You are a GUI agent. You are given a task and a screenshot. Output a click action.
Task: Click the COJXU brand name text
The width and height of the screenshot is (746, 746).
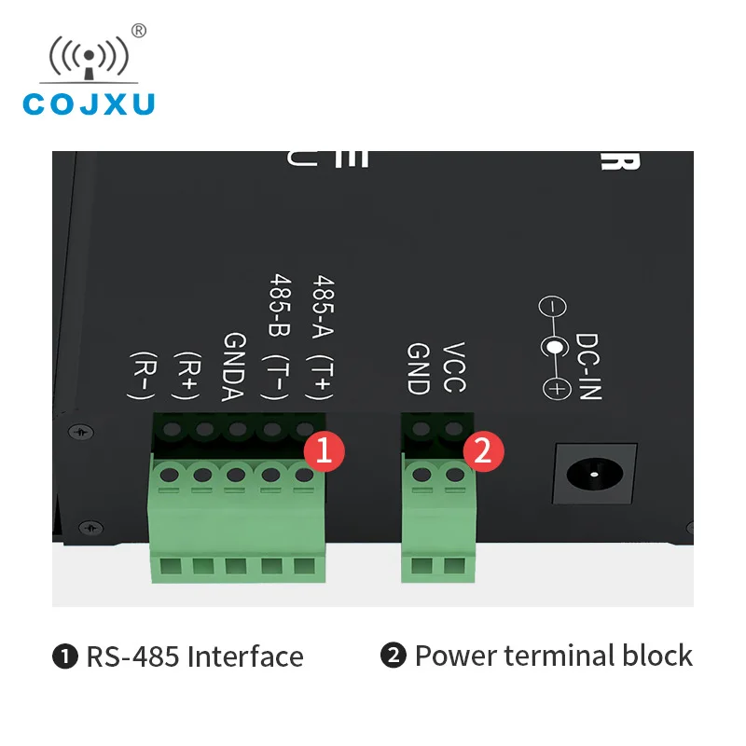pyautogui.click(x=89, y=103)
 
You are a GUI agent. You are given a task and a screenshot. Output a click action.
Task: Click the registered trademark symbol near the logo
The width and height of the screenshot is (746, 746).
pyautogui.click(x=139, y=31)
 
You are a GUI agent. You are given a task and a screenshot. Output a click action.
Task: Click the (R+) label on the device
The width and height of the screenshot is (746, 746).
pyautogui.click(x=190, y=377)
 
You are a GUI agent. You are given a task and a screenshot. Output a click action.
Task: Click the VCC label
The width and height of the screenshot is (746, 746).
pyautogui.click(x=453, y=367)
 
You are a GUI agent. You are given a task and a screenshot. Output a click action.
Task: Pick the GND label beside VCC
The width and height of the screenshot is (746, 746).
pyautogui.click(x=417, y=367)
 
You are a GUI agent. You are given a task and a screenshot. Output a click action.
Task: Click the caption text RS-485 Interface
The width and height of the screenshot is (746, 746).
pyautogui.click(x=195, y=656)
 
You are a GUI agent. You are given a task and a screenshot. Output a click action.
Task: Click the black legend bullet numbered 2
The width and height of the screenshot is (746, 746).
pyautogui.click(x=394, y=656)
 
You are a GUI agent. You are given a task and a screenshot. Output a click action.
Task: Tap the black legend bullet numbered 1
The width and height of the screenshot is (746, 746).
pyautogui.click(x=65, y=656)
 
